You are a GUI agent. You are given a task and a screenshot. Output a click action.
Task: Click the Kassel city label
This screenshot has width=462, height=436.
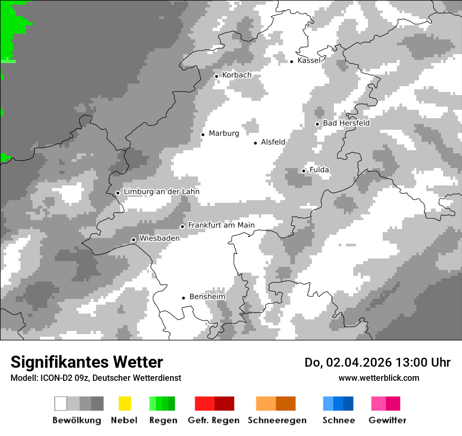coord(309,60)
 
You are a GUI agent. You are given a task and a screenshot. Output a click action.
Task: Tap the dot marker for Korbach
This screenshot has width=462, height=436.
coord(216,76)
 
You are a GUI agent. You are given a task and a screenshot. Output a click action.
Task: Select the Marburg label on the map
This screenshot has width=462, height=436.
coord(224,133)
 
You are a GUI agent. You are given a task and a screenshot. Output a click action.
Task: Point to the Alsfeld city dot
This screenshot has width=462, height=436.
coord(256,143)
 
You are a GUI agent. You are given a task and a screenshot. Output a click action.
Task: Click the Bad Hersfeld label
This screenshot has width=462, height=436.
coord(346,123)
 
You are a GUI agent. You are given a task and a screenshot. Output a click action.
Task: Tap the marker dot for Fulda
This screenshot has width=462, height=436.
coord(303,171)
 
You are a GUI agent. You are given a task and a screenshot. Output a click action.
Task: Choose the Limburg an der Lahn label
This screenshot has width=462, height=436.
coord(161,192)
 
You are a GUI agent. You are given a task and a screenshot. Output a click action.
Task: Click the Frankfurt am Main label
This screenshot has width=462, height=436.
coord(221,225)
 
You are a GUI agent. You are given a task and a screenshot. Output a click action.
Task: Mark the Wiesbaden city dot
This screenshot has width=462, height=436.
coord(134,240)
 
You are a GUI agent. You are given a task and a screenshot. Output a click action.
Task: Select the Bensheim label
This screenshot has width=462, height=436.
coord(207,297)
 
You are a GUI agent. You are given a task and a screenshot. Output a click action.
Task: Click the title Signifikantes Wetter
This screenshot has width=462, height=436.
coord(87,362)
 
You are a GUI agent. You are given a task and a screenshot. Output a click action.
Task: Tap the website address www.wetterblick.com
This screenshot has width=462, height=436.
coord(379,378)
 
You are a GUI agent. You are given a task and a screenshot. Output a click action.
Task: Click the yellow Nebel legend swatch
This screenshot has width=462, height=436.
coord(124,403)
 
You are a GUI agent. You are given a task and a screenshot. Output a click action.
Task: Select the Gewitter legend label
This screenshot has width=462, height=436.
coord(387,420)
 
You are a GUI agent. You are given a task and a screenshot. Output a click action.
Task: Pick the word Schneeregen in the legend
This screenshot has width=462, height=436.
coord(277,420)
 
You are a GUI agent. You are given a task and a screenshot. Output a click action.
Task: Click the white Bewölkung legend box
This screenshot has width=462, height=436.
coord(61,403)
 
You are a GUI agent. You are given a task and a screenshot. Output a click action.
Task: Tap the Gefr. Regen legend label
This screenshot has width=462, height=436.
coord(213,420)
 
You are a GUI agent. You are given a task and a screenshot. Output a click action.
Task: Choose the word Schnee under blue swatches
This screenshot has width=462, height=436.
coord(338,420)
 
